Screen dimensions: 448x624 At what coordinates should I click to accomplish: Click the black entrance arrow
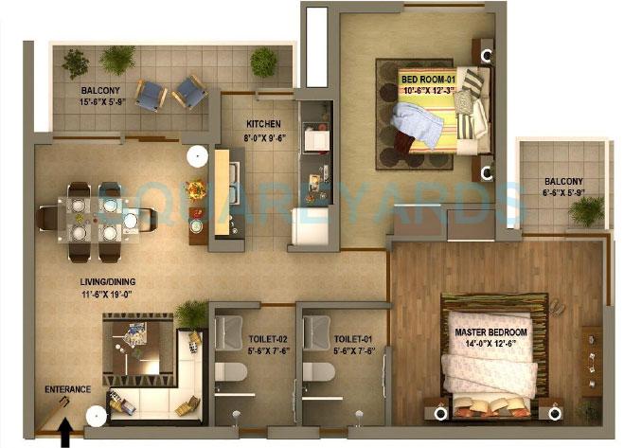click(65, 435)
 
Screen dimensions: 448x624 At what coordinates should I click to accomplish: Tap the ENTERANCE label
click(68, 389)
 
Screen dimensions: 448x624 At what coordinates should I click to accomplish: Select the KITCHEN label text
click(260, 124)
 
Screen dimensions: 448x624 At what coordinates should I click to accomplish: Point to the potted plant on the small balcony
click(586, 210)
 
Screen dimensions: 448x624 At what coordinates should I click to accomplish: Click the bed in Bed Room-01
click(437, 123)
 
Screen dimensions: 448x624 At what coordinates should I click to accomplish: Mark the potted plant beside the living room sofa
click(192, 312)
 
